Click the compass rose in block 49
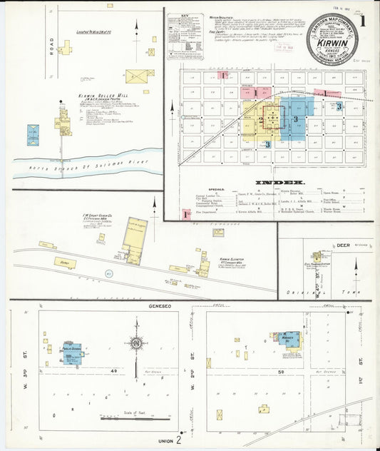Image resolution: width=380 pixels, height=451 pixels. [x=135, y=343]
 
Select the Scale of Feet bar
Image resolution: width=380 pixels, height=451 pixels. [x=128, y=419]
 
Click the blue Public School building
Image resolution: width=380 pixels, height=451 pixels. [x=71, y=353]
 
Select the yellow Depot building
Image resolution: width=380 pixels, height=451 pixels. [x=64, y=263]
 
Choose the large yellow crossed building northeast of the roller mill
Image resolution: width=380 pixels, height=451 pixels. [x=140, y=76]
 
